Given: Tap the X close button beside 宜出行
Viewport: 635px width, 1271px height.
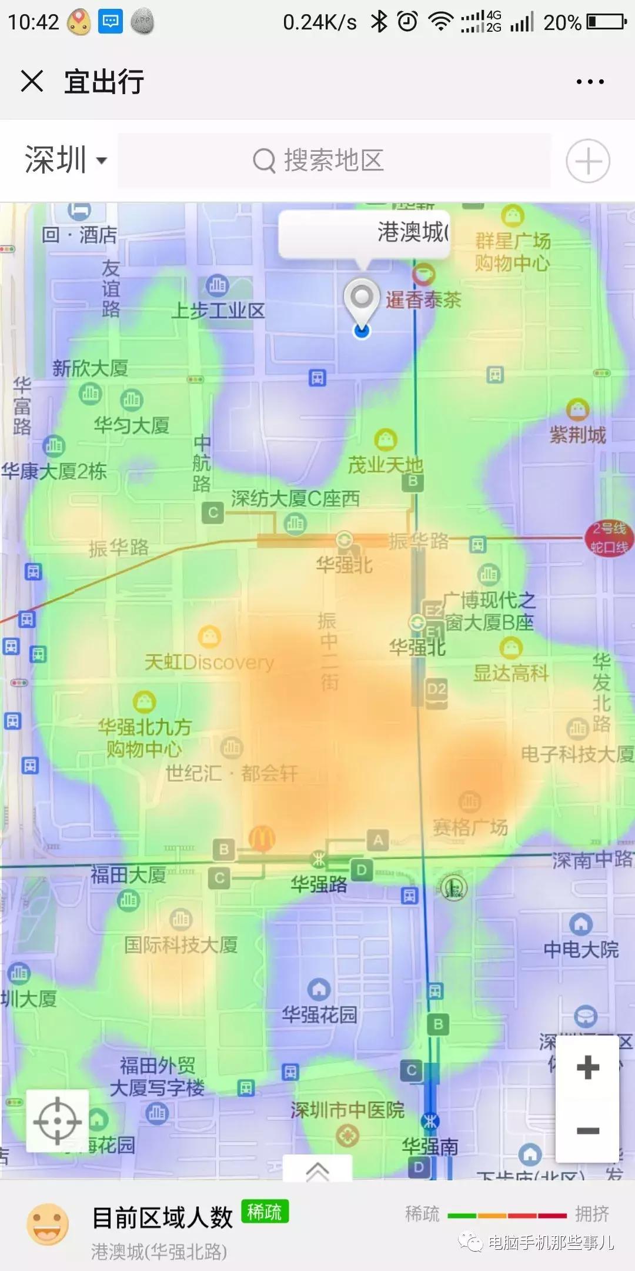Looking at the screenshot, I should click(32, 81).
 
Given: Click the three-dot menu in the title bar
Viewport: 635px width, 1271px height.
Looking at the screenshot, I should click(590, 82).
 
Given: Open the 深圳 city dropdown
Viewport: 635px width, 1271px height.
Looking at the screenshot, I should click(65, 160).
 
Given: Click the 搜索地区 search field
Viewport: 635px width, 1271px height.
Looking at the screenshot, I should click(334, 161).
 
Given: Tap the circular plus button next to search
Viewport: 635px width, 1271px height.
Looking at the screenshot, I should click(587, 161).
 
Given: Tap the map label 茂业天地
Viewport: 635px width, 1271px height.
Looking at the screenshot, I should click(385, 465).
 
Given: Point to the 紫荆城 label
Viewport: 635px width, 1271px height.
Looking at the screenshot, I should click(577, 435).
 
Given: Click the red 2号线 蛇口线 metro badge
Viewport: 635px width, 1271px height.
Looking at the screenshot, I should click(609, 537).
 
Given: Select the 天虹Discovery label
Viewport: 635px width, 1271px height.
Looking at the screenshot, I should click(209, 663).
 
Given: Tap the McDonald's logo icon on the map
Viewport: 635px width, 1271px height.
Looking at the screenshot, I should click(262, 837).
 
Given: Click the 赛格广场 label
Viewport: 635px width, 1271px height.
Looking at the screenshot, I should click(470, 827).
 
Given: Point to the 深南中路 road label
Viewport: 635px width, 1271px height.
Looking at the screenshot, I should click(591, 860).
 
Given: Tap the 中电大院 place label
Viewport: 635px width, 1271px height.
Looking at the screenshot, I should click(581, 949).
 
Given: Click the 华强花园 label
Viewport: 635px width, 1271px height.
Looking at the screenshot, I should click(319, 1014).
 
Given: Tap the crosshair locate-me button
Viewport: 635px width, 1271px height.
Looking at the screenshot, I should click(58, 1121).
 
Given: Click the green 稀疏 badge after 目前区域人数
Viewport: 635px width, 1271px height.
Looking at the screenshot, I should click(265, 1212).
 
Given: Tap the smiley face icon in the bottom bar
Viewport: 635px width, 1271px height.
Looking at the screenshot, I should click(48, 1225).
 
